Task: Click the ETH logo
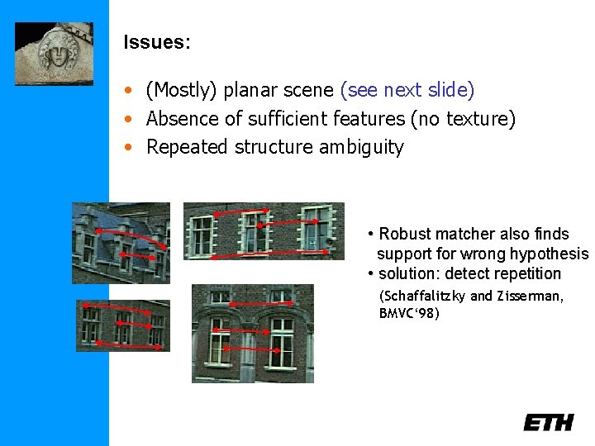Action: click(x=548, y=422)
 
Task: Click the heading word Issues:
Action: click(x=157, y=43)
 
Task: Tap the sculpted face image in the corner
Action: click(x=54, y=53)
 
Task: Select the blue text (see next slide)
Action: click(x=407, y=90)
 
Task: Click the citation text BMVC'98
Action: click(x=409, y=313)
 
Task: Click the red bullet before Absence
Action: click(x=129, y=120)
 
